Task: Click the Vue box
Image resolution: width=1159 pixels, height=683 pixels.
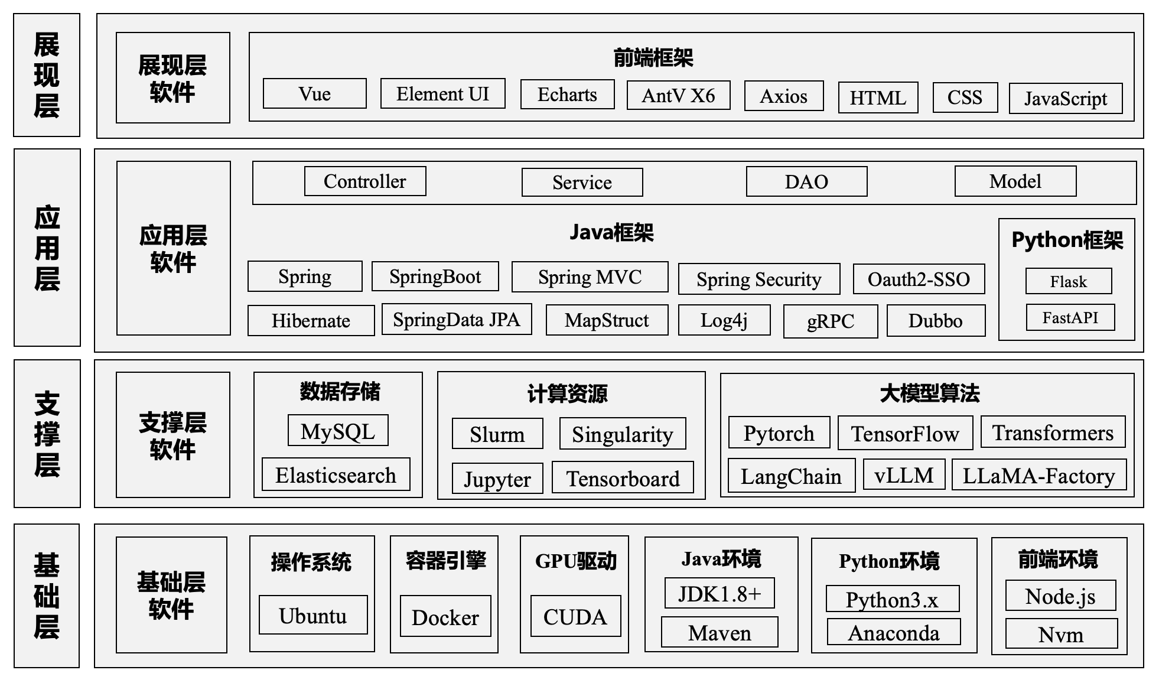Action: pyautogui.click(x=314, y=93)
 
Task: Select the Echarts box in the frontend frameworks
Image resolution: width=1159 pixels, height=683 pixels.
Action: pyautogui.click(x=567, y=95)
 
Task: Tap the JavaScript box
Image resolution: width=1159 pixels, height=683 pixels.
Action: pyautogui.click(x=1066, y=98)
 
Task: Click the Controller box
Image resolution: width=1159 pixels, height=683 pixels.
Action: pyautogui.click(x=365, y=181)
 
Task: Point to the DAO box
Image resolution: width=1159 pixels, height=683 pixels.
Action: pyautogui.click(x=806, y=181)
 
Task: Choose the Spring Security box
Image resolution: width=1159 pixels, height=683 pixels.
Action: pyautogui.click(x=759, y=279)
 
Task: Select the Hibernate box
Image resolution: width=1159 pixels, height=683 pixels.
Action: pyautogui.click(x=311, y=320)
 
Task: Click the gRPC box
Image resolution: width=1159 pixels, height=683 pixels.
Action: pyautogui.click(x=831, y=321)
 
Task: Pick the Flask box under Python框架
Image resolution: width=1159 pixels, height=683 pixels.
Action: pyautogui.click(x=1069, y=281)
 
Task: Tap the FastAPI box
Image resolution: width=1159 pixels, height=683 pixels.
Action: pyautogui.click(x=1070, y=318)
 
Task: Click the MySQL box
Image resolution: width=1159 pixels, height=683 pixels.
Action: pyautogui.click(x=338, y=431)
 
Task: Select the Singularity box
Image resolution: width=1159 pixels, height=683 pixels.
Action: pyautogui.click(x=623, y=434)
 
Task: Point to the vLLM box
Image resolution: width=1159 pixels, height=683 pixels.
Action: pyautogui.click(x=904, y=475)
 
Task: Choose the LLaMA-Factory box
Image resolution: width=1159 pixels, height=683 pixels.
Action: pyautogui.click(x=1039, y=475)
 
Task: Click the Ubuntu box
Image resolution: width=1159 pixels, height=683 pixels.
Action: pyautogui.click(x=313, y=615)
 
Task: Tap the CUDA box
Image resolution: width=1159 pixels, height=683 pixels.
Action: pyautogui.click(x=575, y=616)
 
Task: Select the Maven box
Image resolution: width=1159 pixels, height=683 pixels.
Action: pyautogui.click(x=720, y=633)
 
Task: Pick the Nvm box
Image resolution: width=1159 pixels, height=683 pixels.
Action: pyautogui.click(x=1061, y=634)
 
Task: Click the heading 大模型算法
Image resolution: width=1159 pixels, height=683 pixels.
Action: pyautogui.click(x=929, y=393)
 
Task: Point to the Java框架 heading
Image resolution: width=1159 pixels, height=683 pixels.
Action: pyautogui.click(x=611, y=232)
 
